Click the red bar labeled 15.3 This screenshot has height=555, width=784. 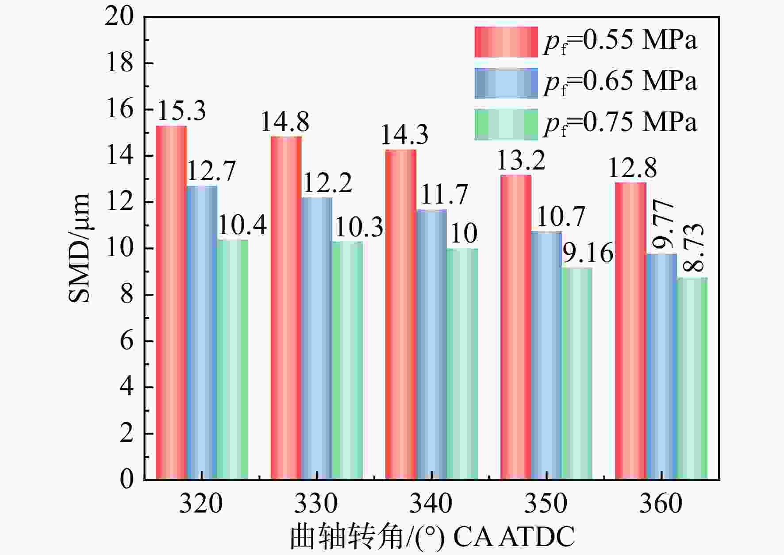pos(171,303)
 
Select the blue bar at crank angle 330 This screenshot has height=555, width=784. pos(317,339)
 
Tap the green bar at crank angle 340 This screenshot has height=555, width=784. pos(462,364)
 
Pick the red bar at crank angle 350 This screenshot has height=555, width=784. pos(516,327)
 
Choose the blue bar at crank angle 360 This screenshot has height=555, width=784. pos(661,366)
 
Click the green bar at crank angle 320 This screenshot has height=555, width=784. pos(233,359)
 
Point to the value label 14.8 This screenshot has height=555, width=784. pos(285,122)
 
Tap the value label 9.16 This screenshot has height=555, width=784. pos(588,253)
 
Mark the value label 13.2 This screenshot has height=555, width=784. pos(521,160)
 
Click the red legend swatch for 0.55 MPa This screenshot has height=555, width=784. pos(506,42)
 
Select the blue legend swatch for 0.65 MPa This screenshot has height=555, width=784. pos(506,83)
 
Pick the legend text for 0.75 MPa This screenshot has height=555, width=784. pos(620,123)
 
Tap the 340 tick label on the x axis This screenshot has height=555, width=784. pos(431,503)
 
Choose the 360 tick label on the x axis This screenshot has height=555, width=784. pos(661,503)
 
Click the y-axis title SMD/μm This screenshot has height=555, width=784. pos(80,248)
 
